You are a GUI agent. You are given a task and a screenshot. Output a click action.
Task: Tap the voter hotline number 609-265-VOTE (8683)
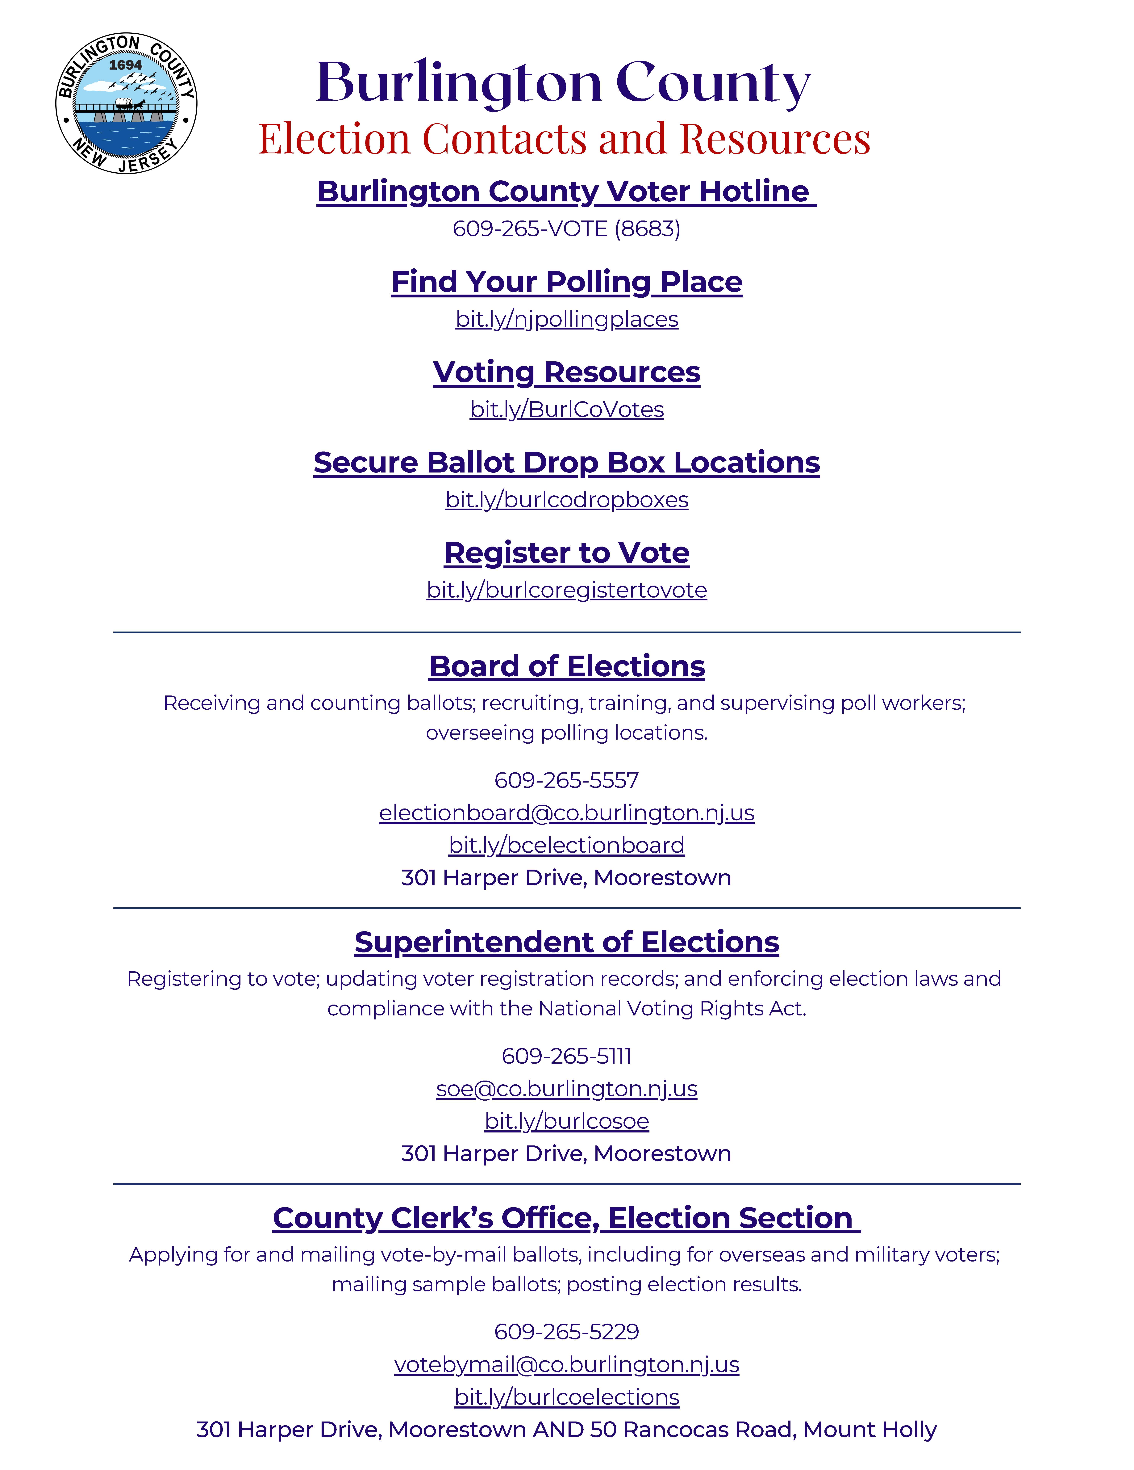566,229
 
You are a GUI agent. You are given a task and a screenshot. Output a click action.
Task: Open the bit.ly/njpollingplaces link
567,319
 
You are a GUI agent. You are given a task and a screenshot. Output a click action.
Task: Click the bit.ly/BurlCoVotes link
567,409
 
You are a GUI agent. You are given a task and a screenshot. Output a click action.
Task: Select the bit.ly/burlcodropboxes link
567,499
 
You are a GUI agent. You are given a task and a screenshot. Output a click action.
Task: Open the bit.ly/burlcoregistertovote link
567,590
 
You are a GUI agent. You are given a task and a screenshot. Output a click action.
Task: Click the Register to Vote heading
567,553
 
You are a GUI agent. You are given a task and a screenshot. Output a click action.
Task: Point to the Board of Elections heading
567,666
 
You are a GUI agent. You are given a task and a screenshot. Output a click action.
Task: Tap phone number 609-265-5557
567,780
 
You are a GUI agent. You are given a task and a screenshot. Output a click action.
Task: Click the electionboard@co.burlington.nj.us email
567,813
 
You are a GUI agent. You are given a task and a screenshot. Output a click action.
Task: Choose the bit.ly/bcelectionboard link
567,845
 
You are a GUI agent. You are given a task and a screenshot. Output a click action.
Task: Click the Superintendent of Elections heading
567,942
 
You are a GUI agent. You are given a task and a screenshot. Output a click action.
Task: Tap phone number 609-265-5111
567,1056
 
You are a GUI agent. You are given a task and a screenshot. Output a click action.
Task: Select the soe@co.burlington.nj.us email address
567,1089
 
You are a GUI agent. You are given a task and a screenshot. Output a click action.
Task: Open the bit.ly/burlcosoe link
567,1121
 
